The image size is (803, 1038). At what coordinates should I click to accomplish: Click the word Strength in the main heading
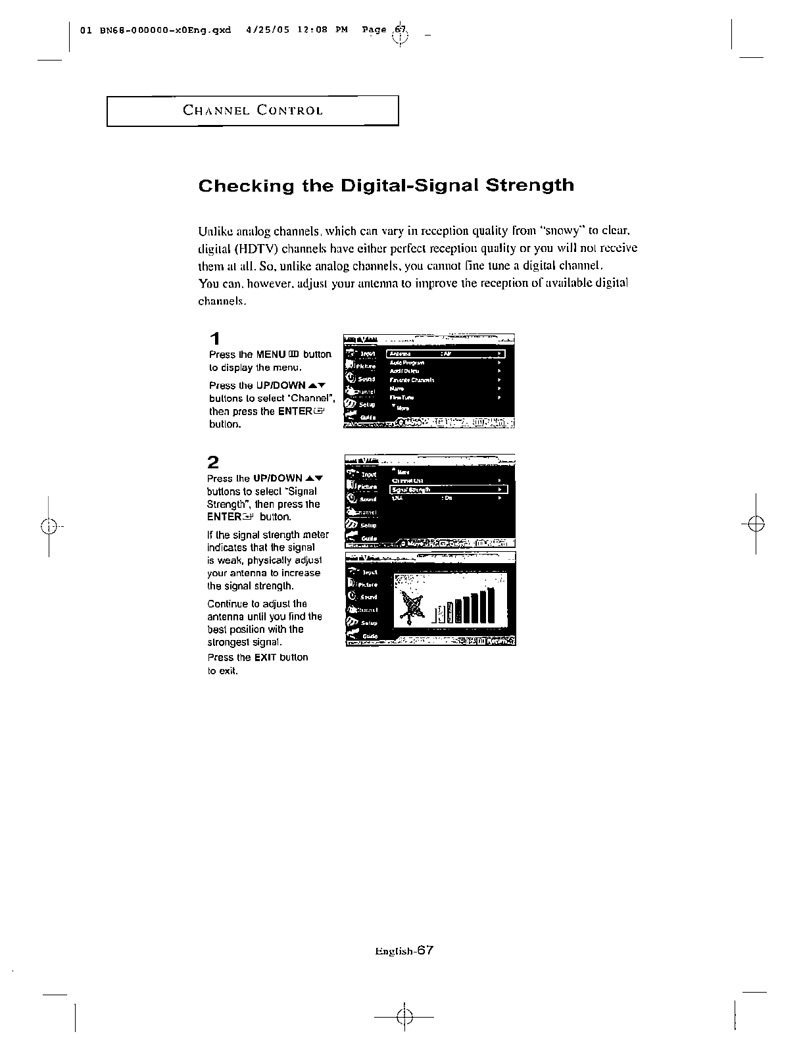tap(529, 185)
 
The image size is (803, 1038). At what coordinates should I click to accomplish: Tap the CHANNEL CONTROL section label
tap(253, 111)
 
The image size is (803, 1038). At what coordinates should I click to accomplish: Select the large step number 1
tap(214, 339)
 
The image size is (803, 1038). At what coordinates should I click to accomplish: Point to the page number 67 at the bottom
tap(424, 950)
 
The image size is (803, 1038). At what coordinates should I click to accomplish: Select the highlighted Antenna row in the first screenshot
tap(447, 354)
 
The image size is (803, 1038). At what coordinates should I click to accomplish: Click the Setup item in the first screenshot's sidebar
tap(366, 405)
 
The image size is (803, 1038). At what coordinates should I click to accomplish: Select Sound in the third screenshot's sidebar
tap(368, 597)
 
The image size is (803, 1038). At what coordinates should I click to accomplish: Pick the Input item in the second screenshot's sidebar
tap(368, 474)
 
